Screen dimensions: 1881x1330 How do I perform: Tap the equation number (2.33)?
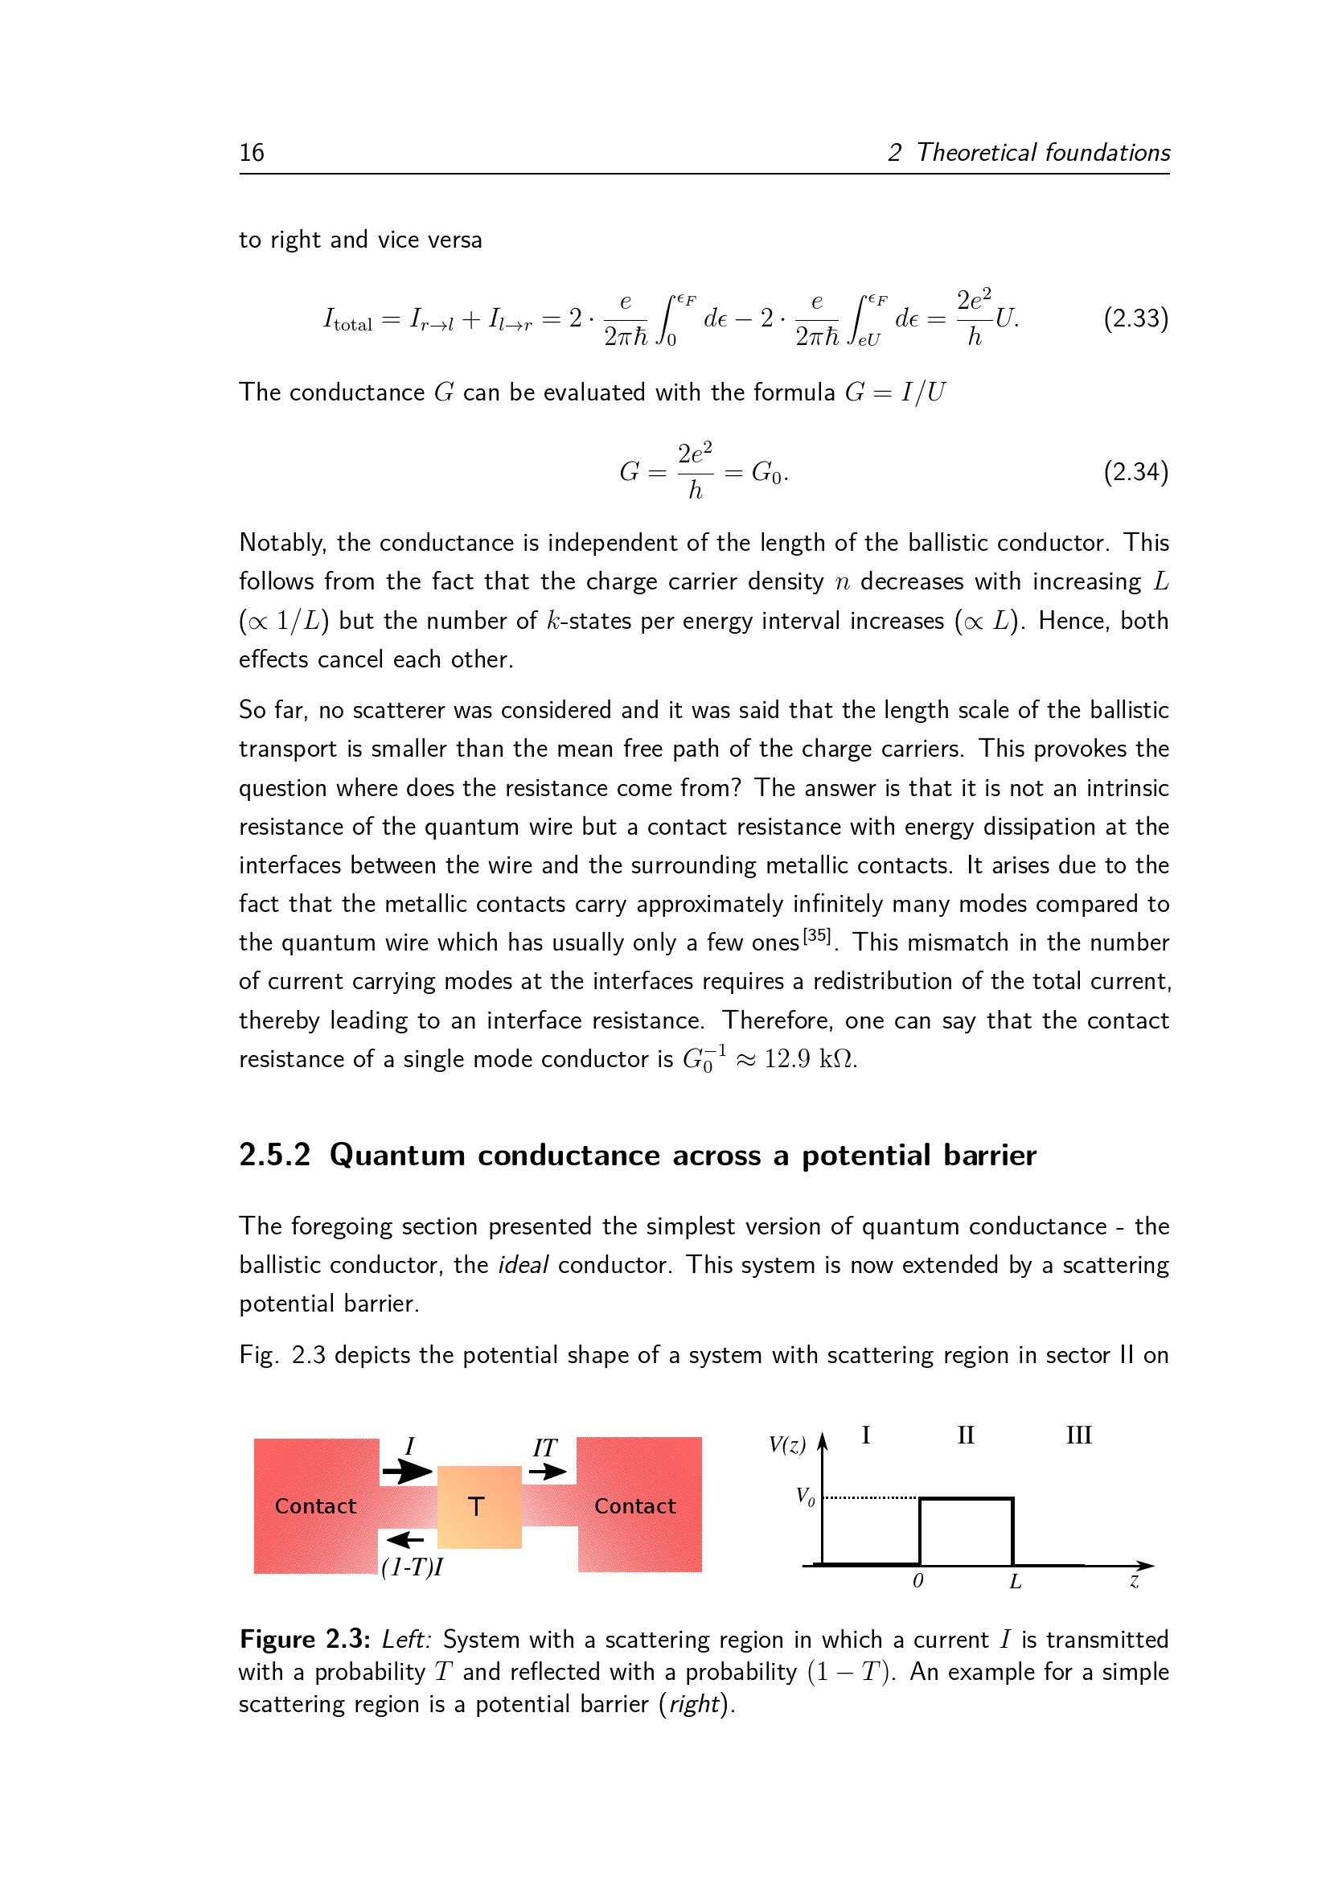(1135, 318)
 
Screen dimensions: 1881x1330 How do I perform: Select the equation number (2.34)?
(1135, 472)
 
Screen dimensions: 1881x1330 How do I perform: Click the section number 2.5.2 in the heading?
(274, 1155)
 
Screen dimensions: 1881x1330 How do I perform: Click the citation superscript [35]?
(816, 934)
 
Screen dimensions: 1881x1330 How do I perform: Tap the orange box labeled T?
(479, 1506)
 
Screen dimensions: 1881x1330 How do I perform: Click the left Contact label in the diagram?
(315, 1505)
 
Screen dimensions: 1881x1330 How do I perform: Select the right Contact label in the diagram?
(634, 1505)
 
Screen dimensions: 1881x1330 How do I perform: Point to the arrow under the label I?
(407, 1472)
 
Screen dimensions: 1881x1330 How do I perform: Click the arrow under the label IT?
(547, 1472)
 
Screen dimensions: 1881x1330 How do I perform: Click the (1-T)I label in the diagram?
(412, 1567)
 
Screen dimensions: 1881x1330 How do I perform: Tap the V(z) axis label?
(787, 1444)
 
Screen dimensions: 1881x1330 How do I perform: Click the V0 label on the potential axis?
(806, 1497)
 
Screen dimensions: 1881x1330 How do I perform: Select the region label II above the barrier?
(966, 1435)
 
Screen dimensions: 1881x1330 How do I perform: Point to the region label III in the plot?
(1078, 1435)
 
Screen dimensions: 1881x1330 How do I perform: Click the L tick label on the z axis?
(1016, 1582)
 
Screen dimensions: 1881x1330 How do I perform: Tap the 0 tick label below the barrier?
(918, 1581)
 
